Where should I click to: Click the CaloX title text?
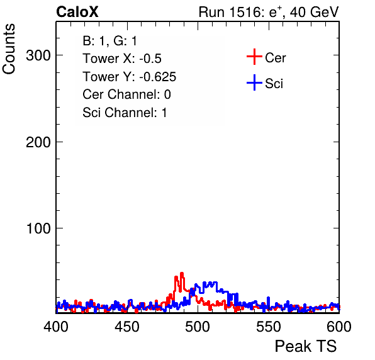click(x=77, y=12)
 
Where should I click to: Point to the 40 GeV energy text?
click(x=314, y=12)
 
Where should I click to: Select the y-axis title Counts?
click(x=9, y=49)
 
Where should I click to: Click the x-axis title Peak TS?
click(x=306, y=346)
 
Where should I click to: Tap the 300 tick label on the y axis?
click(x=38, y=55)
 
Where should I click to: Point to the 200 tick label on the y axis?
click(x=38, y=142)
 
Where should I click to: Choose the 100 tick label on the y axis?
click(x=38, y=228)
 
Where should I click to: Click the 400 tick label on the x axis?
click(x=56, y=326)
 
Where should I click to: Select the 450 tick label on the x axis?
click(x=127, y=326)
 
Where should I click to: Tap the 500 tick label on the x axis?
click(x=198, y=326)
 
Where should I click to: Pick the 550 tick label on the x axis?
click(x=268, y=326)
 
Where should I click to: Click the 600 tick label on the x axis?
click(x=339, y=326)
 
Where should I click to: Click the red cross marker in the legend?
click(x=254, y=57)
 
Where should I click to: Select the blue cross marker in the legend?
click(x=254, y=82)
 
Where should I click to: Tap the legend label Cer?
click(x=275, y=58)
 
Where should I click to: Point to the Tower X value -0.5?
click(x=150, y=59)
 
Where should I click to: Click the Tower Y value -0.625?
click(x=157, y=77)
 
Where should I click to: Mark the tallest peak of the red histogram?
click(x=182, y=273)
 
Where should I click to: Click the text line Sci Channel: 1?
click(x=125, y=113)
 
